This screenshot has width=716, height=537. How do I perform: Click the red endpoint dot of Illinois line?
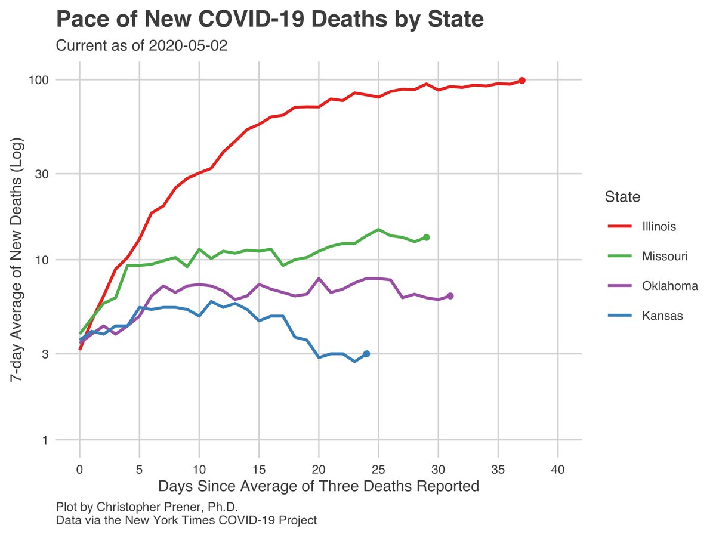pyautogui.click(x=521, y=80)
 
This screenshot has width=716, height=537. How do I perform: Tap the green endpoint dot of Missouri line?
pyautogui.click(x=426, y=237)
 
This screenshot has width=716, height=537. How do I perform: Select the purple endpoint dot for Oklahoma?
pyautogui.click(x=450, y=296)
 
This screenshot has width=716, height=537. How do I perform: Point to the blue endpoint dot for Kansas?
pyautogui.click(x=366, y=354)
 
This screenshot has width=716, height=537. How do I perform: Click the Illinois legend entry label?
pyautogui.click(x=659, y=226)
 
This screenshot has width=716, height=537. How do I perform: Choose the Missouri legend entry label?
pyautogui.click(x=665, y=256)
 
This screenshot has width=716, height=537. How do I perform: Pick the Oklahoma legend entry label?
pyautogui.click(x=670, y=286)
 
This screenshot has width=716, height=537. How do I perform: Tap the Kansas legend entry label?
pyautogui.click(x=662, y=316)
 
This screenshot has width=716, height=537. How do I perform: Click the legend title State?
pyautogui.click(x=622, y=197)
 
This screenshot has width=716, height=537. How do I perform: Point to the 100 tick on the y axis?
pyautogui.click(x=39, y=80)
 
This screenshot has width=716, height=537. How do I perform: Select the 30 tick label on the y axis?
pyautogui.click(x=42, y=174)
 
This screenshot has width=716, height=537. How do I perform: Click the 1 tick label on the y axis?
pyautogui.click(x=45, y=440)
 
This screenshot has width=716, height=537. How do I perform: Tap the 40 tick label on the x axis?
pyautogui.click(x=557, y=470)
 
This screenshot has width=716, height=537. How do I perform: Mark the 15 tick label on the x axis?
pyautogui.click(x=259, y=470)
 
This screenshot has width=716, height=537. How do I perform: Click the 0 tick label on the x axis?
pyautogui.click(x=79, y=470)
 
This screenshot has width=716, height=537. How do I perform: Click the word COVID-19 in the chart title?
pyautogui.click(x=251, y=19)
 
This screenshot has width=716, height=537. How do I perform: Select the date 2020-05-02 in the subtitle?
pyautogui.click(x=188, y=45)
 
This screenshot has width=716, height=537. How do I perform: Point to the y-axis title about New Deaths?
pyautogui.click(x=16, y=260)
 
